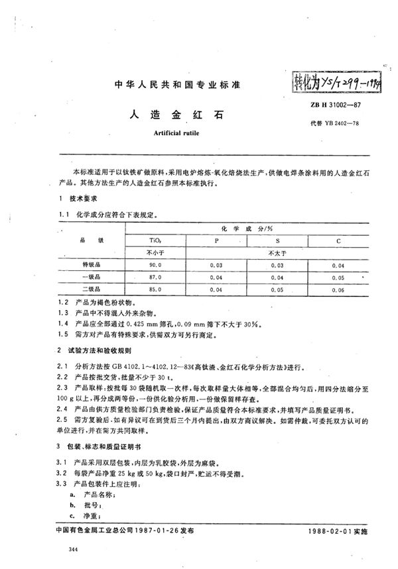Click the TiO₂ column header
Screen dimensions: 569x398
click(153, 241)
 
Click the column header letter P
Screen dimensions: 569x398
click(217, 241)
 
